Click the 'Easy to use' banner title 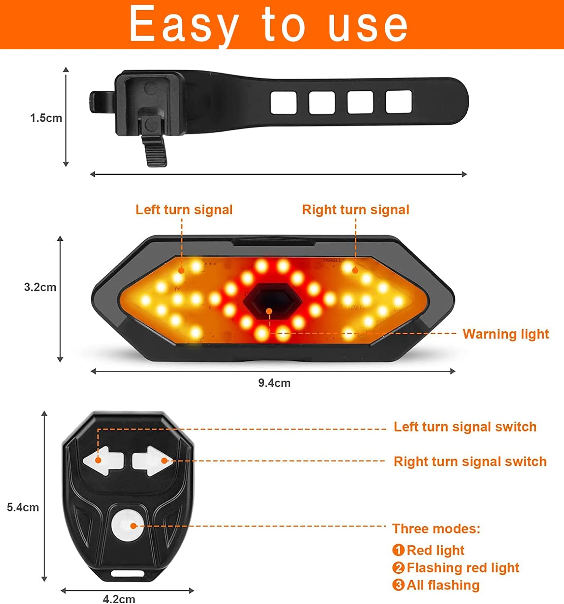[268, 24]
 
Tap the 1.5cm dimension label [46, 118]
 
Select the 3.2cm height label [40, 287]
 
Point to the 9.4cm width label [275, 383]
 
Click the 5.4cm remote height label [23, 507]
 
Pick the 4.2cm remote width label [119, 599]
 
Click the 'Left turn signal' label [184, 210]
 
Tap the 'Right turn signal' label [356, 210]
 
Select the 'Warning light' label [506, 334]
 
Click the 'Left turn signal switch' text [465, 427]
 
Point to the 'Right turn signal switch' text [470, 461]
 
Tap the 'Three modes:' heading [436, 529]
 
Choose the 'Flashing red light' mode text [463, 567]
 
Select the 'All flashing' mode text [443, 585]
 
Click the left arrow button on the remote [104, 461]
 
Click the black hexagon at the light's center [273, 300]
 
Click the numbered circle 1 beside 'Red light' [398, 550]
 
